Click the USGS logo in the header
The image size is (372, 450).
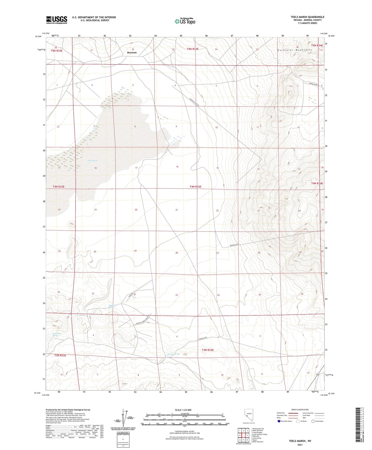coord(57,20)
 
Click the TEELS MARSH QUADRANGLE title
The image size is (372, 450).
coord(307,17)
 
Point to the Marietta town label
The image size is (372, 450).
coord(132,53)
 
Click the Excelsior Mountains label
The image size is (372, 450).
coord(295,50)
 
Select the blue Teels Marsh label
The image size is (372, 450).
coord(92,161)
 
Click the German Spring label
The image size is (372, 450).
coord(173,354)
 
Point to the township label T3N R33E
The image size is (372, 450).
coord(208,350)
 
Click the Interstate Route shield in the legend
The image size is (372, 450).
coord(279,421)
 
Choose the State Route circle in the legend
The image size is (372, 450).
coord(313,421)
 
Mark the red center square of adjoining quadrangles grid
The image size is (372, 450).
coord(243,435)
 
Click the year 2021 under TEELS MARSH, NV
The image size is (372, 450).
coord(300,445)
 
